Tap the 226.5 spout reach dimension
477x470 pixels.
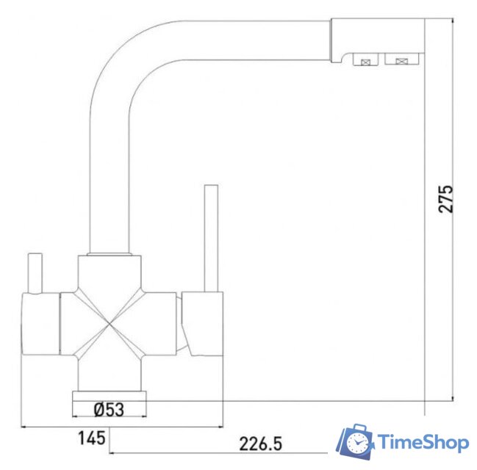(x=260, y=444)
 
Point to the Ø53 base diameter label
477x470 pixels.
(x=109, y=409)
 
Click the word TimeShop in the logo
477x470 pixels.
(x=423, y=442)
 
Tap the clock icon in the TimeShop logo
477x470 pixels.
(x=358, y=443)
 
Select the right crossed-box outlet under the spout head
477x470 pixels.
(x=400, y=61)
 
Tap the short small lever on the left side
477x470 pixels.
(x=34, y=271)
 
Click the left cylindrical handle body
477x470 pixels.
(x=40, y=323)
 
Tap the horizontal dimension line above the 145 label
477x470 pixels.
(x=121, y=427)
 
